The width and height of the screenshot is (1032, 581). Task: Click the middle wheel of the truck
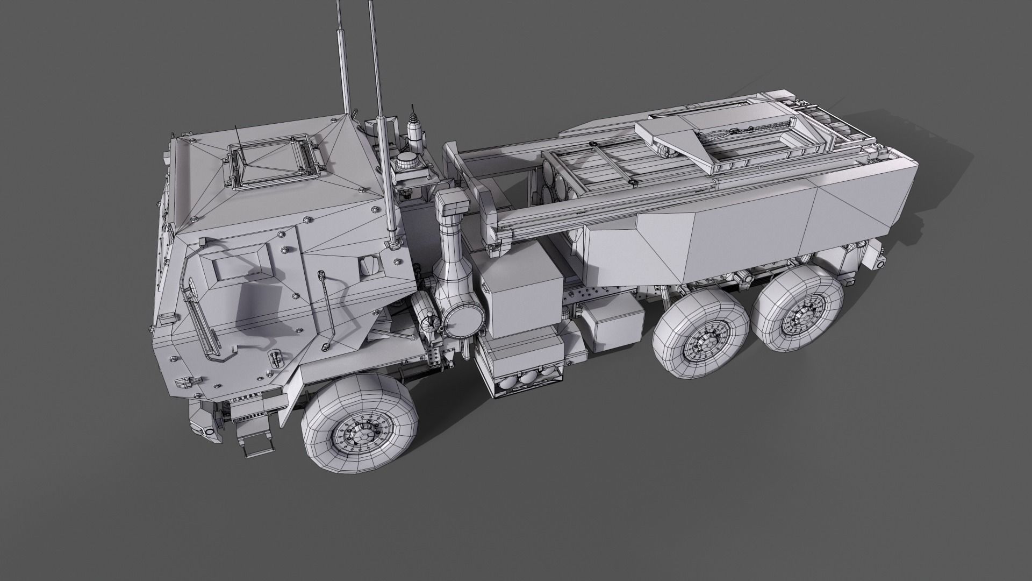[x=701, y=337]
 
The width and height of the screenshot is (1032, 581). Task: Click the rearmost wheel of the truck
[x=797, y=318]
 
